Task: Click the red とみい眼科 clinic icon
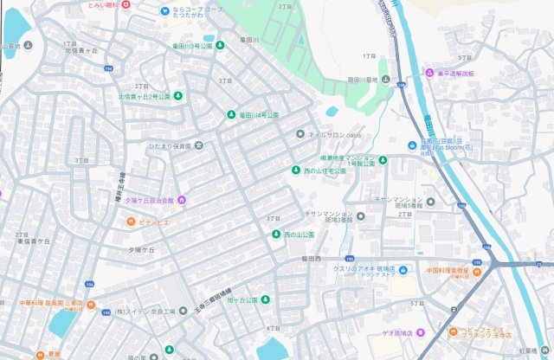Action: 126,4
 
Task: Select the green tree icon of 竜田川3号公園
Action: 220,45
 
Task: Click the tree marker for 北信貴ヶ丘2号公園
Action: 177,96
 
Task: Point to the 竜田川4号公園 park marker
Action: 231,114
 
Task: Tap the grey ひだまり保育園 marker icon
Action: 198,145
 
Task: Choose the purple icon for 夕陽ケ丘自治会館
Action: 182,200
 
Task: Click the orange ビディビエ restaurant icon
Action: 131,222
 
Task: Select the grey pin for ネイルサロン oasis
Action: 300,134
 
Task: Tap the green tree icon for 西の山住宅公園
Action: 295,170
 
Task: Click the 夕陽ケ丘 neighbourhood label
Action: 141,249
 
